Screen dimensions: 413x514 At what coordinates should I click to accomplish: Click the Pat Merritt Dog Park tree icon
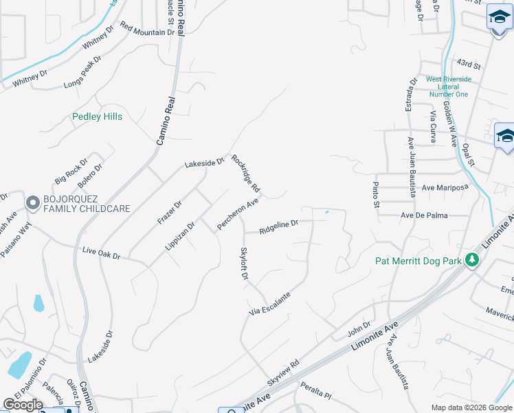pyautogui.click(x=471, y=260)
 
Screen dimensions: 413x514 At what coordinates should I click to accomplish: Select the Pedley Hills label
pyautogui.click(x=97, y=117)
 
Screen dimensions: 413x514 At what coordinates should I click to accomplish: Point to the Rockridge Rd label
pyautogui.click(x=245, y=173)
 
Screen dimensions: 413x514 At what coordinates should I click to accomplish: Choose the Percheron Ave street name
pyautogui.click(x=237, y=214)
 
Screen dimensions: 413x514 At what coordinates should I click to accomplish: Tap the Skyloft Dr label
pyautogui.click(x=243, y=263)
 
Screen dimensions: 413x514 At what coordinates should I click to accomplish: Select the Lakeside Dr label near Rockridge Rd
pyautogui.click(x=204, y=163)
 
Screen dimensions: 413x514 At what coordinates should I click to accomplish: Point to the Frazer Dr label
pyautogui.click(x=170, y=211)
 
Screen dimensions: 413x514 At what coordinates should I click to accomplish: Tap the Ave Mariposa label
pyautogui.click(x=444, y=187)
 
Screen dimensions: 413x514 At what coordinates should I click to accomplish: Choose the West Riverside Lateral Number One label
pyautogui.click(x=448, y=87)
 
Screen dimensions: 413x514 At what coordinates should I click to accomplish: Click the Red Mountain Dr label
pyautogui.click(x=147, y=28)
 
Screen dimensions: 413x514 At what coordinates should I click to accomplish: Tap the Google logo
pyautogui.click(x=23, y=405)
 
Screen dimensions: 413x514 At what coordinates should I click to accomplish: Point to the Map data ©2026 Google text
pyautogui.click(x=471, y=407)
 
